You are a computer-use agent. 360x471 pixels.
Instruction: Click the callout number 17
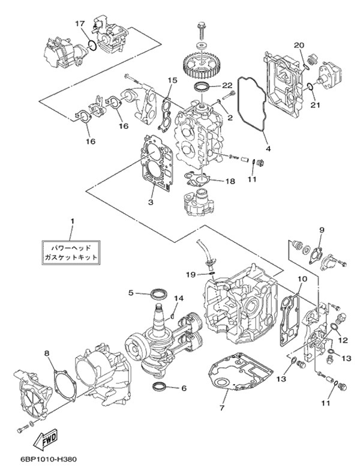coord(79,23)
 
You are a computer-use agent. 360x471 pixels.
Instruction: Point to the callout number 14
coord(178,298)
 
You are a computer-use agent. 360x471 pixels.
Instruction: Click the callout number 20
coord(299,45)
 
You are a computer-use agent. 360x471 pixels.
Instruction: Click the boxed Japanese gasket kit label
coord(70,251)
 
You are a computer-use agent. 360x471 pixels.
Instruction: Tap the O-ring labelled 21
coord(310,88)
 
